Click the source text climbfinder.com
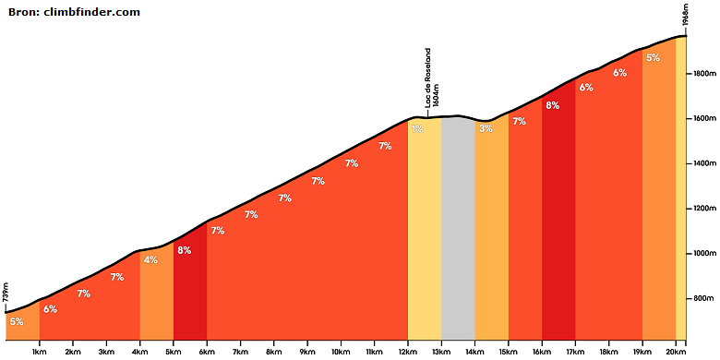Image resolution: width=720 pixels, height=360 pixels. click(91, 12)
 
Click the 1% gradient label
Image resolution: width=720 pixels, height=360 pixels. click(417, 129)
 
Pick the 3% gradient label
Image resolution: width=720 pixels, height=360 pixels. click(486, 128)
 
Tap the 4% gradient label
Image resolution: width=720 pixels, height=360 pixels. click(150, 260)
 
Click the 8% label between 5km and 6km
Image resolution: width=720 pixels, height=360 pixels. click(184, 251)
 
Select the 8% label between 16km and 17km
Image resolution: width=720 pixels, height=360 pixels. click(552, 105)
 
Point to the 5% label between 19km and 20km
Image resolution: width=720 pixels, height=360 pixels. click(653, 58)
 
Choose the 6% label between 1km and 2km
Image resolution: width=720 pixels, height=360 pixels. click(50, 309)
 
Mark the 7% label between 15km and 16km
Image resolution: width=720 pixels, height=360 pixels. click(519, 122)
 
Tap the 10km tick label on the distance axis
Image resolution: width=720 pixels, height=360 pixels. click(341, 352)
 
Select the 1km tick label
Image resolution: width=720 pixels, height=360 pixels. click(40, 352)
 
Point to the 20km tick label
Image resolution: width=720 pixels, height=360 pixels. click(676, 352)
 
